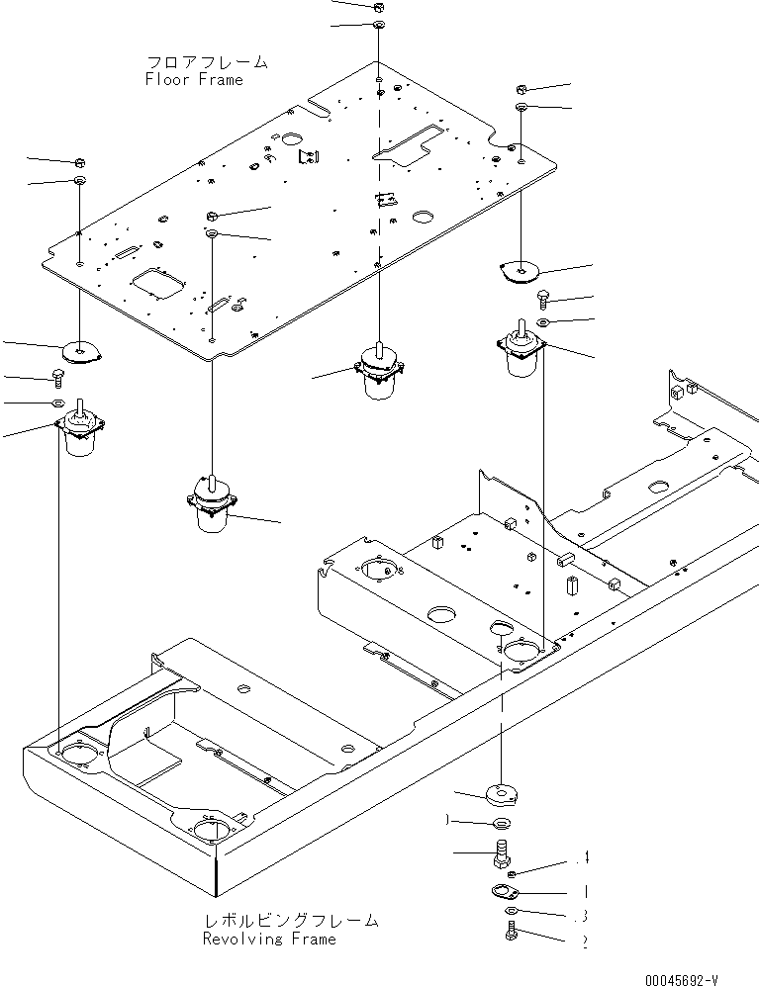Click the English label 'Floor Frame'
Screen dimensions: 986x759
193,79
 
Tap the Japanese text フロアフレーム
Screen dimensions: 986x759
206,61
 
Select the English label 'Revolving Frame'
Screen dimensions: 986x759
268,939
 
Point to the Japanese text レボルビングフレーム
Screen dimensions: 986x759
288,920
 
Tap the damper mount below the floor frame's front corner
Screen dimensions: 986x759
211,504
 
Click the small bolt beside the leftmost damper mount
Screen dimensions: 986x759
58,375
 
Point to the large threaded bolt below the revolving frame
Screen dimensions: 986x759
501,851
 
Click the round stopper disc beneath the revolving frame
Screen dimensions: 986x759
501,792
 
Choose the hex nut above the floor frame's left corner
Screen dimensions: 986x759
79,161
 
